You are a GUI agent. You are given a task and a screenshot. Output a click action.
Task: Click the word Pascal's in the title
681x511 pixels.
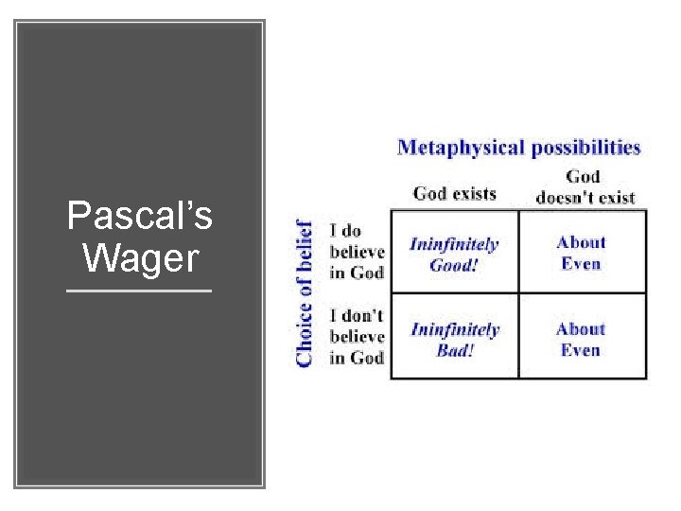pos(140,217)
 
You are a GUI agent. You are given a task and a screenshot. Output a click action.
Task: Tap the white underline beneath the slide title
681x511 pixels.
pos(140,291)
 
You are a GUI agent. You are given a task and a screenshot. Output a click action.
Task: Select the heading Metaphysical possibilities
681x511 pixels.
pos(518,148)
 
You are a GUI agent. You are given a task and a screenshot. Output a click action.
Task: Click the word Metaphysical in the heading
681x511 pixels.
pos(461,148)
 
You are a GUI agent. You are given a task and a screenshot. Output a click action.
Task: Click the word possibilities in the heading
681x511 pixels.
pos(585,148)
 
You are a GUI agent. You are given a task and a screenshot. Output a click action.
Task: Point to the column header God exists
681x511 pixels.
pos(454,193)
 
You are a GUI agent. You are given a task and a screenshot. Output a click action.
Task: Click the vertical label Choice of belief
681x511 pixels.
pos(305,293)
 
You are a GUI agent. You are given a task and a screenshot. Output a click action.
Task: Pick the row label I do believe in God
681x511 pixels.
pos(357,252)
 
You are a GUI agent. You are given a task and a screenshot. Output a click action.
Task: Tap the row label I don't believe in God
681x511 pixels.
pos(357,336)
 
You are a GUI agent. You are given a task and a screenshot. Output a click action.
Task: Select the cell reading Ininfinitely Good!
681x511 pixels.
pos(454,254)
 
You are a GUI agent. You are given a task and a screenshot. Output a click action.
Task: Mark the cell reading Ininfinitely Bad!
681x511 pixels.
pos(454,339)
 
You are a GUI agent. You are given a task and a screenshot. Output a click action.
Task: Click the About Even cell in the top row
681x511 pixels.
pos(581,253)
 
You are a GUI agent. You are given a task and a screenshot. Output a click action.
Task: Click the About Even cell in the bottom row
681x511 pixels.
pos(581,339)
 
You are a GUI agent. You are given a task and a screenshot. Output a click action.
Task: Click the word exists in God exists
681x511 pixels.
pos(474,193)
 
